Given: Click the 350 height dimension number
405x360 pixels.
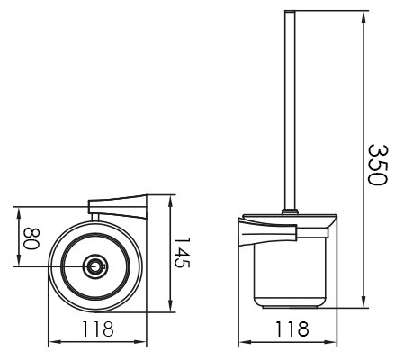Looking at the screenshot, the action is pos(378,166).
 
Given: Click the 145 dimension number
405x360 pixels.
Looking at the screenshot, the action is pos(183,253).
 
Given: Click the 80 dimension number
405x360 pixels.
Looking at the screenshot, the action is pos(31,239).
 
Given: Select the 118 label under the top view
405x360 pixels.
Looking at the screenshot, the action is pos(98,329).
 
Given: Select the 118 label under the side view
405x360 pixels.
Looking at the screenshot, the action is pos(292,329).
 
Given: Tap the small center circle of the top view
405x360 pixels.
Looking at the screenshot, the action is pos(95,266).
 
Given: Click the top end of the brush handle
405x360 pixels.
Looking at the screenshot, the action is pos(290,12).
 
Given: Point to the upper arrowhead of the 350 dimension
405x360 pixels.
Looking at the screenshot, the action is pos(364,17).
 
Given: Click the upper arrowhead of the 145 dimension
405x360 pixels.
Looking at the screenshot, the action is pos(170,202).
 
